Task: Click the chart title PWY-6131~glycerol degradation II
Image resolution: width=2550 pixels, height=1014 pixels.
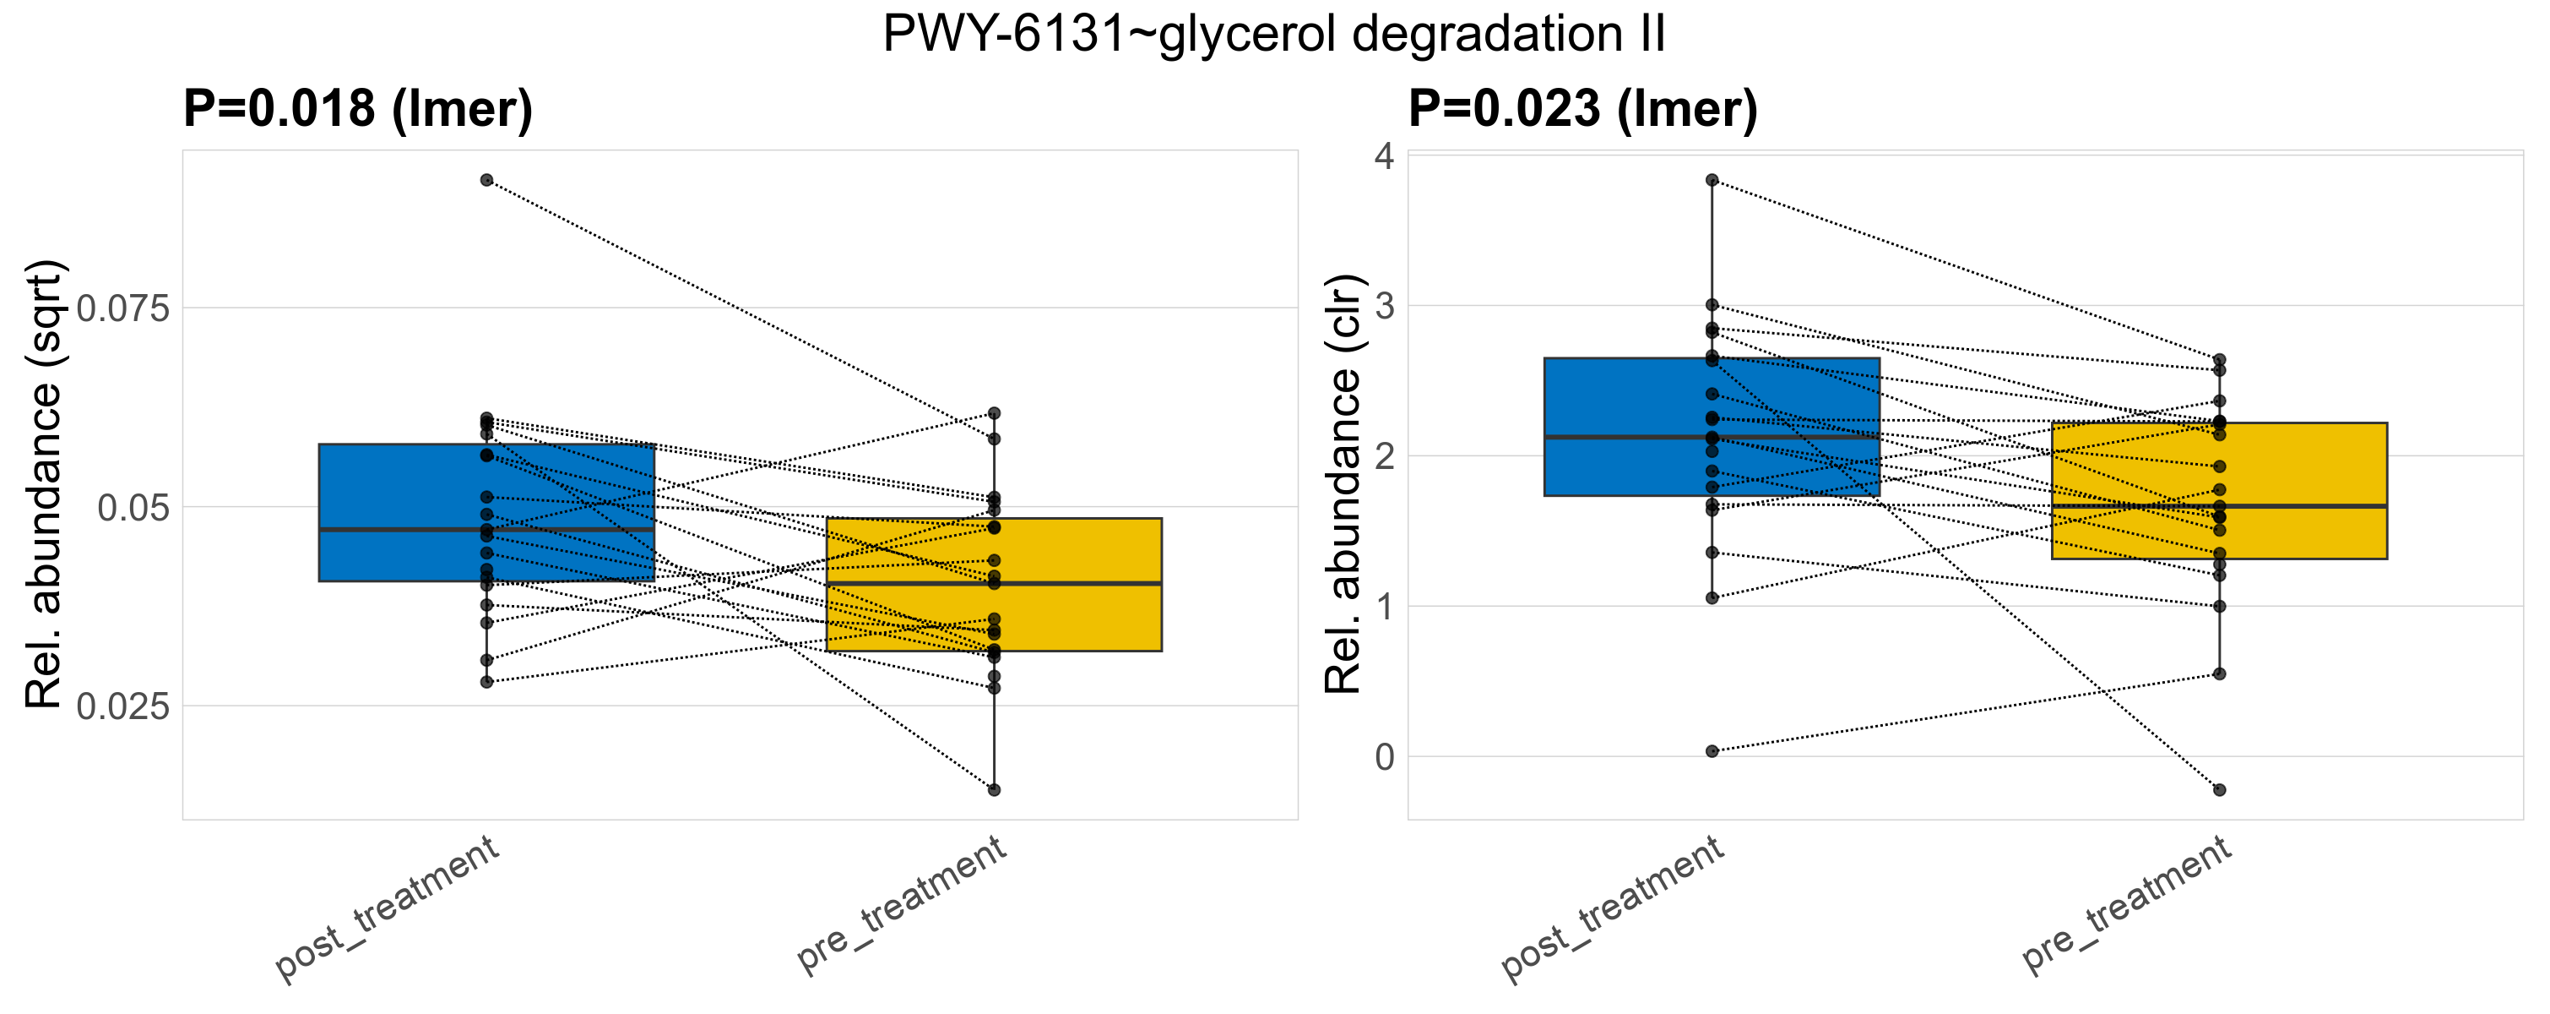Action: coord(1274,34)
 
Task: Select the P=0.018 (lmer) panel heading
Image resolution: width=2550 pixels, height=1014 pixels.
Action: coord(357,108)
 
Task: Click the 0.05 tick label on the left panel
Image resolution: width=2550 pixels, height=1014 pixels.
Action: coord(133,507)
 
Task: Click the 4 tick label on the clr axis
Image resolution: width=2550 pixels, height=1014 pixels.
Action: coord(1384,156)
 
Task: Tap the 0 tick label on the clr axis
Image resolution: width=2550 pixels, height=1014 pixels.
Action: coord(1384,757)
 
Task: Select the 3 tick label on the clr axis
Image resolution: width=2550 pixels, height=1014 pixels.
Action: coord(1384,306)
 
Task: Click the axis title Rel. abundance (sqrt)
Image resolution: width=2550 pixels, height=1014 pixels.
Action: coord(44,484)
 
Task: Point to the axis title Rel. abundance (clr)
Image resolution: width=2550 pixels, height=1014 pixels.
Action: coord(1344,484)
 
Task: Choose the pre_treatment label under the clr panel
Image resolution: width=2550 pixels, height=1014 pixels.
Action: coord(2126,903)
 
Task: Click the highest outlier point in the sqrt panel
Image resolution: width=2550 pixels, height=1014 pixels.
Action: coord(487,180)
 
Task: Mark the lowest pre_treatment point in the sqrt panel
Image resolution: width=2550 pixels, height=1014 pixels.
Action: coord(994,790)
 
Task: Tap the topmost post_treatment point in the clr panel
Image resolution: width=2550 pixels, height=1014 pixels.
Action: coord(1712,180)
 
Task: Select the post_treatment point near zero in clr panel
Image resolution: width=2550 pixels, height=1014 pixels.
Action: coord(1712,751)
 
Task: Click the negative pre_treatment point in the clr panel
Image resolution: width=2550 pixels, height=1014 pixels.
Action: coord(2219,790)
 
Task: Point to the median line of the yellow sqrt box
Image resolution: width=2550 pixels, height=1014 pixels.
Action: coord(994,583)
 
